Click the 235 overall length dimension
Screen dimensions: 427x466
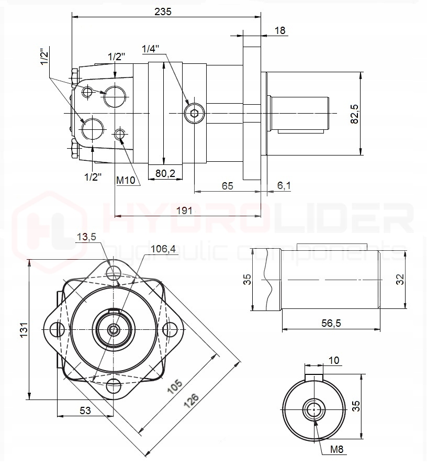(x=163, y=12)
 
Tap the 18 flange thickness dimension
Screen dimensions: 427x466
(x=280, y=30)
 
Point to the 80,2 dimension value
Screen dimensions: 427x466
(x=165, y=173)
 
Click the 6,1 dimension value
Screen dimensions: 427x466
(x=284, y=185)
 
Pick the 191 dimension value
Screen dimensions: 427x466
(x=184, y=210)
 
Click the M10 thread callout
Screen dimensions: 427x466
(x=126, y=180)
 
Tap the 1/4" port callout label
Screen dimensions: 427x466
(x=150, y=49)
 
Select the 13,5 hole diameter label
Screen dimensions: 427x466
(x=86, y=237)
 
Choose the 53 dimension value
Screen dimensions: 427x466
(x=85, y=411)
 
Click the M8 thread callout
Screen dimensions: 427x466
(x=337, y=449)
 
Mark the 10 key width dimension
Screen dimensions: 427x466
(x=334, y=360)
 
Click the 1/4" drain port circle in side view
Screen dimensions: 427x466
(x=195, y=112)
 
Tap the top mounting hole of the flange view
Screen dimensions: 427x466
(x=113, y=272)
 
